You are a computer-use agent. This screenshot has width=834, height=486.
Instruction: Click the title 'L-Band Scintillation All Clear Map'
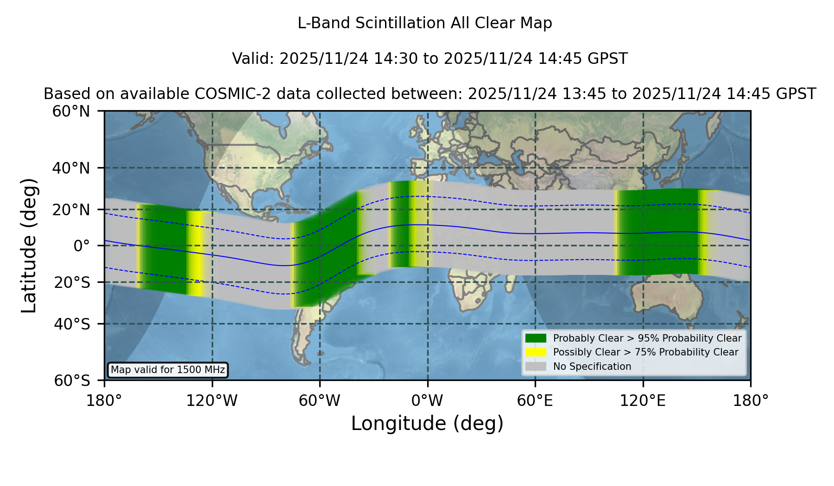pos(425,23)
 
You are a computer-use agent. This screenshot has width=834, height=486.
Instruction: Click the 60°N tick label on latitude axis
pos(71,111)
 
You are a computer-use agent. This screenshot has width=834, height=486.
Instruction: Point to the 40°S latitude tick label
pos(72,324)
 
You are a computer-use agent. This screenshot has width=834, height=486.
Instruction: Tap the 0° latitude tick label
pos(82,246)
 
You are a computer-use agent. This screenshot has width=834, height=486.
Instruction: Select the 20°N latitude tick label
pos(71,210)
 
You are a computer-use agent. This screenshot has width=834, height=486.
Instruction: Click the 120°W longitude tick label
pos(212,401)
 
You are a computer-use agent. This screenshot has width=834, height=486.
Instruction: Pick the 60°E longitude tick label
pos(535,401)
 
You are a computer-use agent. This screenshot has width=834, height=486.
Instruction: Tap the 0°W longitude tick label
pos(427,401)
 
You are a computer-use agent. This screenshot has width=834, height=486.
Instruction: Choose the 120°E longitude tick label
pos(643,401)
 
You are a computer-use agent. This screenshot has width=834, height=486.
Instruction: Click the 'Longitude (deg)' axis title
pos(427,424)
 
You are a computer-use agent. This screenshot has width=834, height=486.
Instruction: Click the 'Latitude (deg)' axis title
pos(29,245)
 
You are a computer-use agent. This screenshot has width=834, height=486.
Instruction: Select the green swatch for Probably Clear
pos(536,338)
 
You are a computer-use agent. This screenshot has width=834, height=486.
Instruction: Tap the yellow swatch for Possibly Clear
pos(536,352)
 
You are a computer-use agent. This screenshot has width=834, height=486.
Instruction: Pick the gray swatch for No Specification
pos(536,367)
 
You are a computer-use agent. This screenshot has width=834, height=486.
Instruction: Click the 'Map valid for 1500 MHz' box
pos(168,370)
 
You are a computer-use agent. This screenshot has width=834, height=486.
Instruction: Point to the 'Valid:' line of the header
pos(430,59)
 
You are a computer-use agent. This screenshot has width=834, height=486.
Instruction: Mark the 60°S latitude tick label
pos(72,380)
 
